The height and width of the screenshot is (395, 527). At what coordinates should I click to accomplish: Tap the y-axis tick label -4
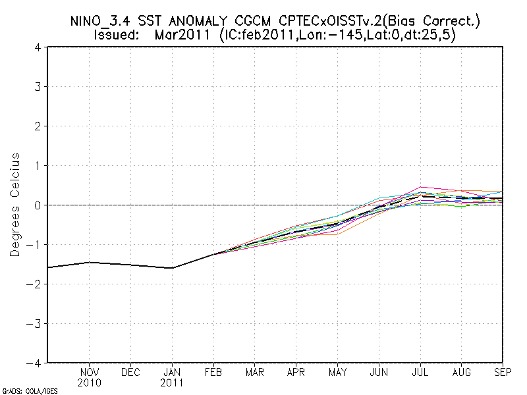tap(36, 363)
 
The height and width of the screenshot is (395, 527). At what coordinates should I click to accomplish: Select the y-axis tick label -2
tap(36, 284)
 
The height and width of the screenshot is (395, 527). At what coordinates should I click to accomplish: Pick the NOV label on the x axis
tap(90, 373)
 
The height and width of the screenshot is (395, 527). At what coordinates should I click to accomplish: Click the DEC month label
tap(130, 373)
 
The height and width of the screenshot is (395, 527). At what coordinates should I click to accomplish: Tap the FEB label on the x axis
tap(213, 373)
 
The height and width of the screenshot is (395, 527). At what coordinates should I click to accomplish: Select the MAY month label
tap(337, 373)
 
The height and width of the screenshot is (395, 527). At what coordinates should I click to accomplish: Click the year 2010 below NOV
tap(90, 382)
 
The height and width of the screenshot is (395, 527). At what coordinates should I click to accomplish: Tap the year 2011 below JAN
tap(172, 382)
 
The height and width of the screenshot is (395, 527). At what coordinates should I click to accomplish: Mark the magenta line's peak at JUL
tap(420, 187)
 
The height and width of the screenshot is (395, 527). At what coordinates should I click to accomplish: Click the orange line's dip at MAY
tap(337, 234)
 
